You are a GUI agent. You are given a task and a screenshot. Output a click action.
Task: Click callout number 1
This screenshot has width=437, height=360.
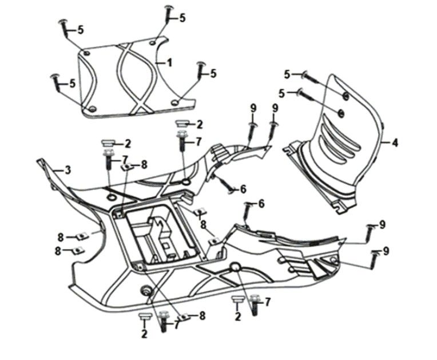tap(169, 61)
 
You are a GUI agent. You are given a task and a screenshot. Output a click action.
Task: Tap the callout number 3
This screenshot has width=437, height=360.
tap(67, 170)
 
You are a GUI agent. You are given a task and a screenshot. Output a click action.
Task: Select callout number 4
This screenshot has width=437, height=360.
tap(395, 143)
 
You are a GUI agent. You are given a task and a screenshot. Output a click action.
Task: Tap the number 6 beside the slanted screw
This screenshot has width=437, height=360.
tap(243, 188)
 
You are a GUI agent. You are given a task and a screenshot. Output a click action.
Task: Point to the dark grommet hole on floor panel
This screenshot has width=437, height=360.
tap(146, 291)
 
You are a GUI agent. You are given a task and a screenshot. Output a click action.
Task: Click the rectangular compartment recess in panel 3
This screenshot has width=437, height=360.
tap(157, 235)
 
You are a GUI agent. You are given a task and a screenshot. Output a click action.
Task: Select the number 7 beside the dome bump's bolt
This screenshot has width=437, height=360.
tap(268, 301)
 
